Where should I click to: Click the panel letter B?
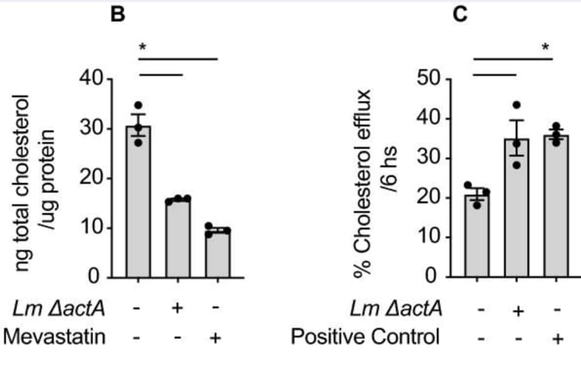tap(117, 14)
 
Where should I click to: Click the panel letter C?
tap(460, 14)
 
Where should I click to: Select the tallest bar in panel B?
tap(139, 202)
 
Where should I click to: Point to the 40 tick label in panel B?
tap(91, 78)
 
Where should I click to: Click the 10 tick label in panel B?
tap(91, 227)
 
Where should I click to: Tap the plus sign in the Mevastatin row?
tap(216, 337)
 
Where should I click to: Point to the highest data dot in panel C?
tap(517, 104)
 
